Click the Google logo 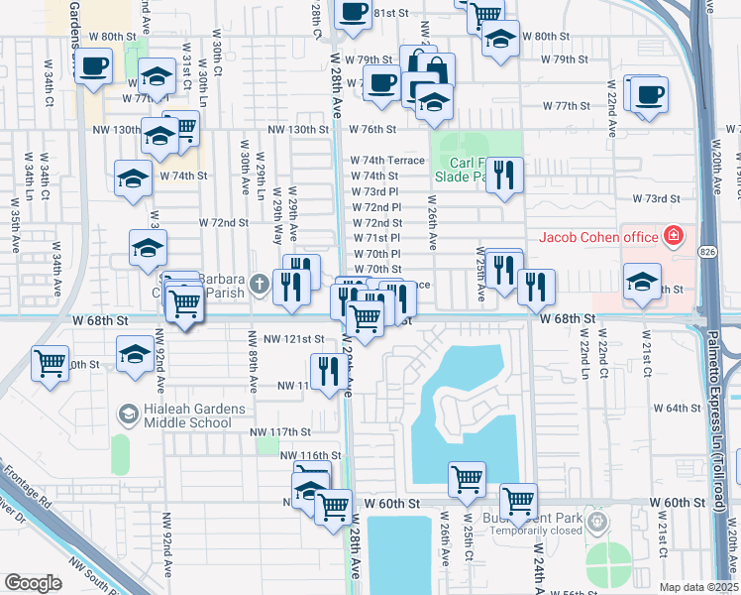point(33,582)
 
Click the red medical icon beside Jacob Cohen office point(674,236)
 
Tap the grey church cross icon point(260,285)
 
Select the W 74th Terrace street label point(386,160)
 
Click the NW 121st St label point(291,339)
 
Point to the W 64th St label point(678,409)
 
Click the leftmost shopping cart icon point(50,363)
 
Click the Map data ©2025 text point(699,587)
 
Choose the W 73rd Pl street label point(374,191)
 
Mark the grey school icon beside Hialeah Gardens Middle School point(127,413)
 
